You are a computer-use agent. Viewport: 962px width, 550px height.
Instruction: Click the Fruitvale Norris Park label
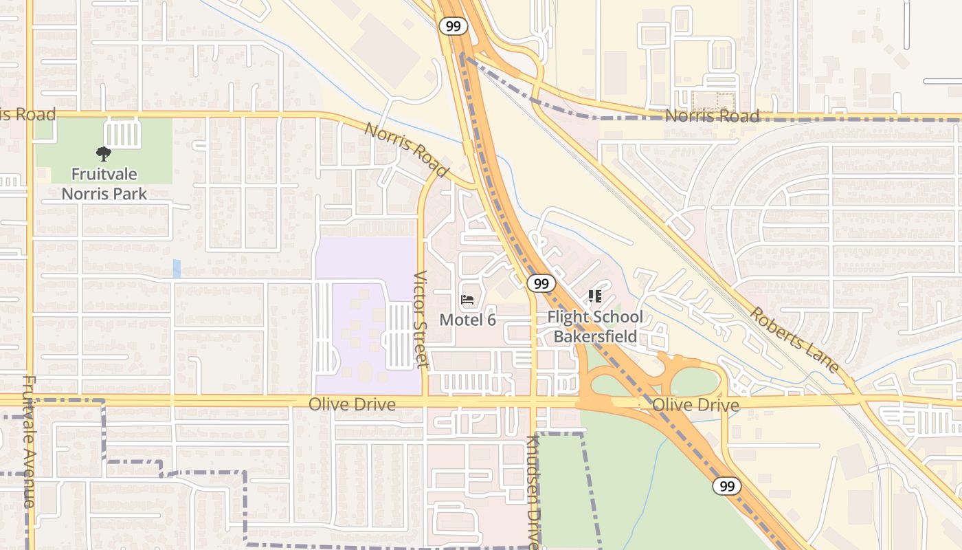pos(104,184)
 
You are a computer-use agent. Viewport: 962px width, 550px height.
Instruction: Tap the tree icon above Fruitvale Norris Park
pos(104,154)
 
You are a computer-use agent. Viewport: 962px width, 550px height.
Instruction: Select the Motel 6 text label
pos(467,320)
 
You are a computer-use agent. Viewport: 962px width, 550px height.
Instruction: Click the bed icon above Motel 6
pos(467,300)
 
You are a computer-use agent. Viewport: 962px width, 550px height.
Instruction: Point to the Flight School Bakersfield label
pos(595,327)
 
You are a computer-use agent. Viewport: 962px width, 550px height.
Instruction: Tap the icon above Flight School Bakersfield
pos(595,296)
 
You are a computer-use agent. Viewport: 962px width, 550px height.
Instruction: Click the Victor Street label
pos(421,319)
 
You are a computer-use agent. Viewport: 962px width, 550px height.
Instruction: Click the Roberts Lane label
pos(794,340)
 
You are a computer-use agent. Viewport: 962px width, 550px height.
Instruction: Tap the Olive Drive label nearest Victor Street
pos(352,404)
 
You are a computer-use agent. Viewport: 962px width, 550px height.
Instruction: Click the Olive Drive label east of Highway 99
pos(695,405)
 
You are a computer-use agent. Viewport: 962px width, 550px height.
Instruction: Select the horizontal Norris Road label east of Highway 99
pos(713,115)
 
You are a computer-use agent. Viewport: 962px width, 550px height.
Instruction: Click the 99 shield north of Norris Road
pos(454,26)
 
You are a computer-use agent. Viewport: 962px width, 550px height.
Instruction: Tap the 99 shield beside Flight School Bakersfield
pos(541,283)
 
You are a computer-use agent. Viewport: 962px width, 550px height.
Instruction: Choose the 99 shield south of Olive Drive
pos(726,486)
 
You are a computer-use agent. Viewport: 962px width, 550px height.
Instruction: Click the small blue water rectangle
pos(177,268)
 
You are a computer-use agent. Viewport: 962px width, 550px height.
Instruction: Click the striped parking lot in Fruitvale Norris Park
pos(122,133)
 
